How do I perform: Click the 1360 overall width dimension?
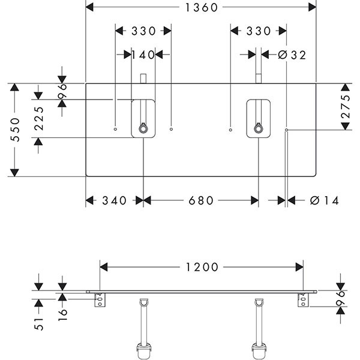click(201, 8)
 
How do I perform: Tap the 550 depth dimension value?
click(15, 130)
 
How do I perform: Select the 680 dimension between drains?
click(201, 200)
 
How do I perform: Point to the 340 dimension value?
click(114, 200)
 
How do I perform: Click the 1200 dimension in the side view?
click(201, 267)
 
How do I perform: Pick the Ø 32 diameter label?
click(292, 55)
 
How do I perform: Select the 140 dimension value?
click(144, 55)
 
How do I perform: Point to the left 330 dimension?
click(143, 31)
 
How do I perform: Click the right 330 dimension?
click(259, 31)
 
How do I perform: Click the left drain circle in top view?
click(143, 128)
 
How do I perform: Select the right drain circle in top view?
click(258, 128)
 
